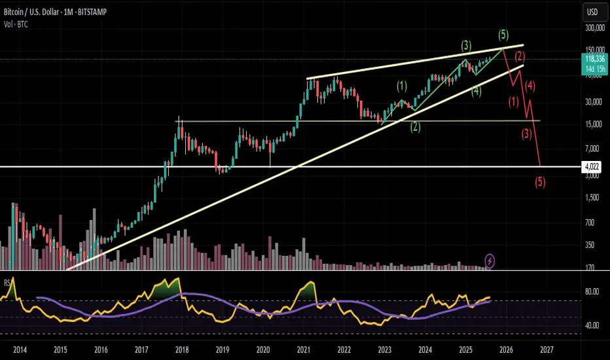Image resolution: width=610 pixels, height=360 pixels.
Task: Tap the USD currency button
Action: point(592,12)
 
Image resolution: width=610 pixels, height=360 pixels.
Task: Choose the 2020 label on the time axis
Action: point(262,350)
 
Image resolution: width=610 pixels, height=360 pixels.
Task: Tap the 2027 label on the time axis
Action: point(547,350)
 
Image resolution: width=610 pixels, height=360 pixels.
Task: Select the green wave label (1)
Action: point(402,85)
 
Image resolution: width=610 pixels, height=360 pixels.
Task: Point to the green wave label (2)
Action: point(415,127)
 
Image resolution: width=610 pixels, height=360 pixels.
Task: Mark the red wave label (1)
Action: point(514,101)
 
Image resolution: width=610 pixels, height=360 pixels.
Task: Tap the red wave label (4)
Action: point(531,85)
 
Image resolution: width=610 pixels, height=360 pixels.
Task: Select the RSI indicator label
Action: point(8,283)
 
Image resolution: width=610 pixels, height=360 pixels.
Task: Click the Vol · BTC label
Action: point(14,24)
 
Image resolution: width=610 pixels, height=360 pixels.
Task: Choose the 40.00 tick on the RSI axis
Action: point(591,325)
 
